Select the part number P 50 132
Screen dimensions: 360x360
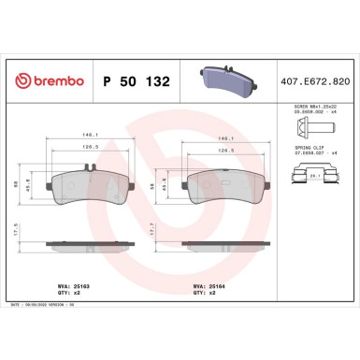(x=135, y=82)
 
